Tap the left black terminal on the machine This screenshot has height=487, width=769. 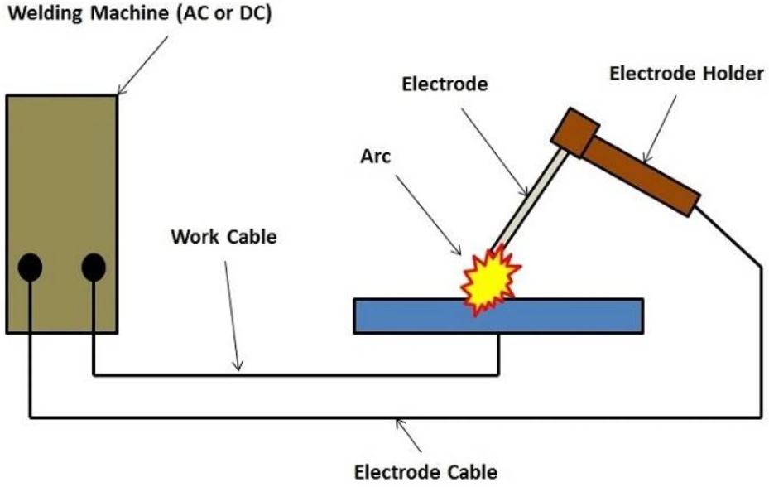(x=30, y=266)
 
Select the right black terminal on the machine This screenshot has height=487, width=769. (x=94, y=267)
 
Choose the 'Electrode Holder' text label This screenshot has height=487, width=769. (x=686, y=74)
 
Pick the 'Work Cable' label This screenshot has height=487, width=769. (x=223, y=236)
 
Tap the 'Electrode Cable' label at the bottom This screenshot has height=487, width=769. (x=426, y=471)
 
